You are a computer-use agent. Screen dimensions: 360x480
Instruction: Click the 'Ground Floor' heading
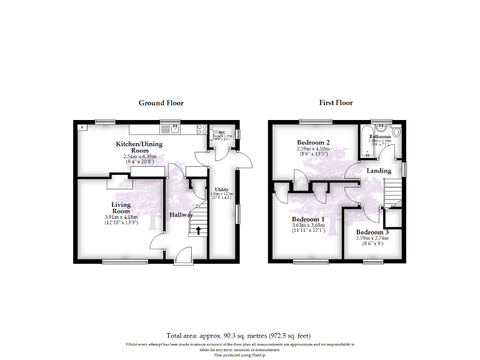point(161,103)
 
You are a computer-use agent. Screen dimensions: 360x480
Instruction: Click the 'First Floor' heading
point(336,103)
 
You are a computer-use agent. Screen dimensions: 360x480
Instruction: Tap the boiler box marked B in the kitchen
point(82,127)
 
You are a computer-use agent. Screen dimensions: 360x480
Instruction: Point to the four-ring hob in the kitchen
point(202,129)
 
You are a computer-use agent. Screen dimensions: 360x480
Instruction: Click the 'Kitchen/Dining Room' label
point(139,147)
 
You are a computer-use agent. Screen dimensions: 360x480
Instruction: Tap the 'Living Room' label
point(121,208)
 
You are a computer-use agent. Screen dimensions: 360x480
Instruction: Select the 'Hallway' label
point(181,215)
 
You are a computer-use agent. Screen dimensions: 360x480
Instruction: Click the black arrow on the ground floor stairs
point(199,230)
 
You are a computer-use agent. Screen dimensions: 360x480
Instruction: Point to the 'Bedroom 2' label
point(313,142)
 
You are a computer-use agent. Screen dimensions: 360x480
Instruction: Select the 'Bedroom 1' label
point(309,219)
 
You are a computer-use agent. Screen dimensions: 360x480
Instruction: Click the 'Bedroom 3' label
point(372,232)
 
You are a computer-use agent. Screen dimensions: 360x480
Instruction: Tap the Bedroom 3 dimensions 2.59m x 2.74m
point(372,238)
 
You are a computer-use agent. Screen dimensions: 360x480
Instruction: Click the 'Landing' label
point(379,171)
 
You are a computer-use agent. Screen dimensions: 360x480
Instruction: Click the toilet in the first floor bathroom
point(396,132)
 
